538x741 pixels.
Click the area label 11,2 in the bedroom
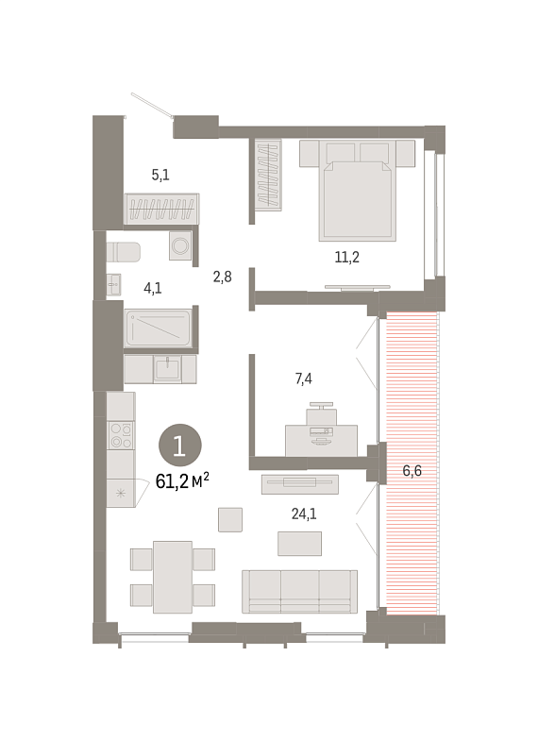(x=347, y=258)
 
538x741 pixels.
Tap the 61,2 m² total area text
(x=182, y=481)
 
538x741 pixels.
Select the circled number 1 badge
(x=180, y=446)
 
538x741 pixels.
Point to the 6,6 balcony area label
(x=412, y=471)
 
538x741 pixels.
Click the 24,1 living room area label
(x=304, y=514)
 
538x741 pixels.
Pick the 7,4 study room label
(x=303, y=379)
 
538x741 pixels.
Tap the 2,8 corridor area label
(x=222, y=277)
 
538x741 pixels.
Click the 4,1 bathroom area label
(x=153, y=288)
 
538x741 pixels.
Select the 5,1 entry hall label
(x=160, y=175)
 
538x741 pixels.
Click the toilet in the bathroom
(x=124, y=252)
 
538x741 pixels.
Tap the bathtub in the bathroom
(x=159, y=328)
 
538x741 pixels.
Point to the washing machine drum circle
(x=180, y=245)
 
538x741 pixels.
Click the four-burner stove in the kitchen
(x=121, y=435)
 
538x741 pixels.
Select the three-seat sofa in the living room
(x=299, y=592)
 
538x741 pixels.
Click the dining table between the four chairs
(x=173, y=577)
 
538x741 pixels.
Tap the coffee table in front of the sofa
(x=299, y=544)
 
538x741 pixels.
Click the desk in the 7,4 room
(x=321, y=441)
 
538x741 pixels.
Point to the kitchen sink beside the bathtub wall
(x=167, y=368)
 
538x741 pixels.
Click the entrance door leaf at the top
(x=152, y=105)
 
